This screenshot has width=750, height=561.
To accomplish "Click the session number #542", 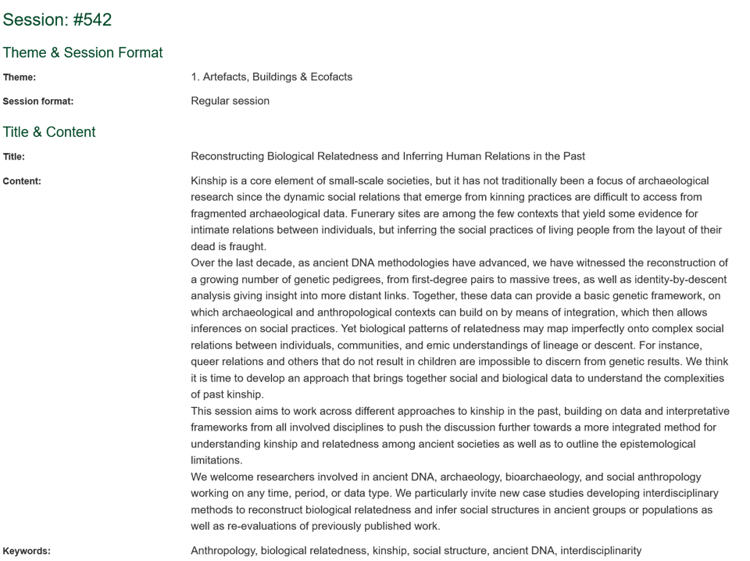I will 92,20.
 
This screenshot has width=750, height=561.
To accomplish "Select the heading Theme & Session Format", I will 82,52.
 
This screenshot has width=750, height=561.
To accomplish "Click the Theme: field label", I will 20,77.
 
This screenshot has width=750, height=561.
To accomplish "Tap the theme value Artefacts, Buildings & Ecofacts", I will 277,77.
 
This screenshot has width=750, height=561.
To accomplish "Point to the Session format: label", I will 37,102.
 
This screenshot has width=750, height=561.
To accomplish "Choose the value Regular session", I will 230,101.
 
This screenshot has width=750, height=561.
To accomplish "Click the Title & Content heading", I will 49,132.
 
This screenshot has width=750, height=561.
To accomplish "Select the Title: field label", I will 14,157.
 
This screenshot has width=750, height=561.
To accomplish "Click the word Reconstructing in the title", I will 227,156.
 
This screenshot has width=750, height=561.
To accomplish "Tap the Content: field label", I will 22,181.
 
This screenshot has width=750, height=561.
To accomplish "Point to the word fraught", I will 247,247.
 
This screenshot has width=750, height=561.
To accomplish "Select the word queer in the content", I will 205,362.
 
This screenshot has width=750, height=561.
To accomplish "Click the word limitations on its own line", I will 216,460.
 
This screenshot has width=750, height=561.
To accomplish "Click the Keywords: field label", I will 27,551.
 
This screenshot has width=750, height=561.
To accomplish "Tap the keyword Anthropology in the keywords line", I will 223,551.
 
